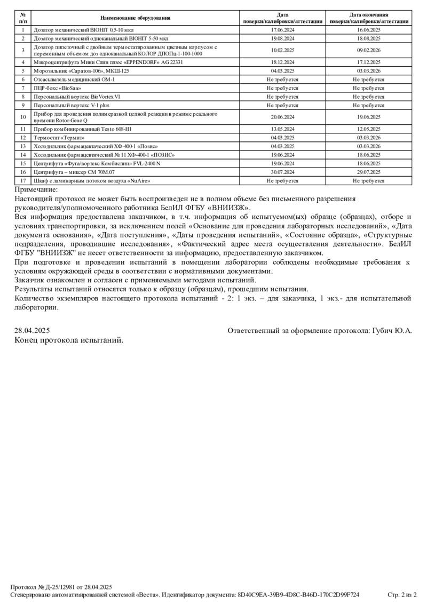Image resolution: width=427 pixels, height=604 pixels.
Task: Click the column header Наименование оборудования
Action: point(135,18)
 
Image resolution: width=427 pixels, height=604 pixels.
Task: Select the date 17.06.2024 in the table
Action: point(283,30)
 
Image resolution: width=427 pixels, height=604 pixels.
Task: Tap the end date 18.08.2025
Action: point(369,38)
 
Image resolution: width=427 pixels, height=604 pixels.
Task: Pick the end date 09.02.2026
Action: point(369,50)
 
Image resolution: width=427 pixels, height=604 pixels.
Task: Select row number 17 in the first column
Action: point(23,181)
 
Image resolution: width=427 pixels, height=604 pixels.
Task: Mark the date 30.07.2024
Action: point(283,172)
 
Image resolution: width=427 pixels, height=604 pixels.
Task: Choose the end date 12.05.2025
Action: point(369,129)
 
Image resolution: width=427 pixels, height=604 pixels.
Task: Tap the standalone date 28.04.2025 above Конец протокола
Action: point(31,331)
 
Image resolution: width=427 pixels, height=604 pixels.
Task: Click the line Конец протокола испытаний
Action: point(69,340)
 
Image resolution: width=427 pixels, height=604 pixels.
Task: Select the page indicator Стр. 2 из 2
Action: point(402,594)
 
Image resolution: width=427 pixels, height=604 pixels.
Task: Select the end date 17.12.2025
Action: point(369,62)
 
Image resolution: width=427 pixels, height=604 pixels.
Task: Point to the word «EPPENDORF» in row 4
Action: point(141,62)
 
